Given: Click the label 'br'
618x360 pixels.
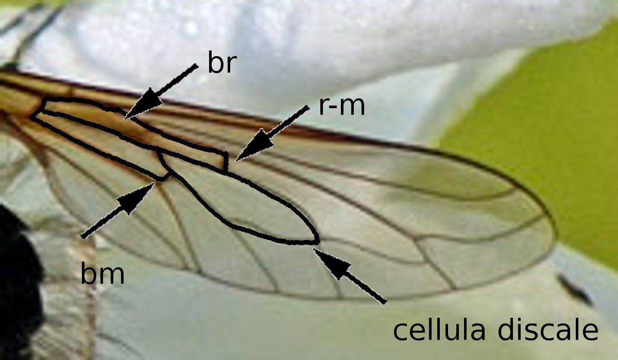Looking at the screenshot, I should click(221, 64).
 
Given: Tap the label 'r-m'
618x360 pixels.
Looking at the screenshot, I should click(341, 107).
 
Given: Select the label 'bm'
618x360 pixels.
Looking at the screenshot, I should click(102, 275).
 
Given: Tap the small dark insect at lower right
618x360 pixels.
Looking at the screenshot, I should click(574, 289).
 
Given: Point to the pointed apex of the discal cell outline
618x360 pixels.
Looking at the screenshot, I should click(318, 241).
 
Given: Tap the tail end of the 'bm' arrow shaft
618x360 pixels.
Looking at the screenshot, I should click(82, 237).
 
